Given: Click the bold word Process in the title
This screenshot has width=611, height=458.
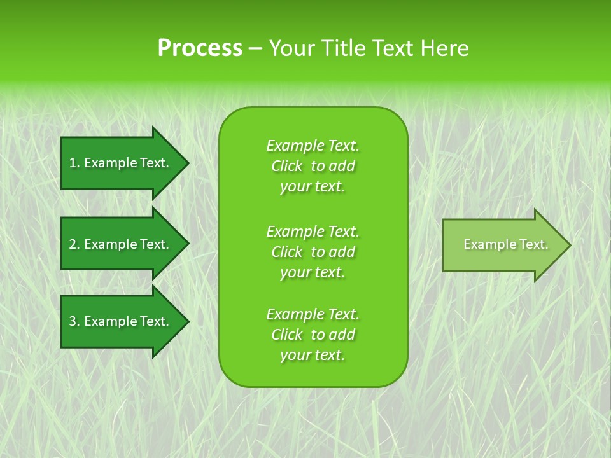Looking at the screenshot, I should pos(200,48).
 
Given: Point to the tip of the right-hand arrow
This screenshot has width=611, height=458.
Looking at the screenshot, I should pos(569,245).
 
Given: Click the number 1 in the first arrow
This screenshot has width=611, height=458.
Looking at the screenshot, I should pos(73,163).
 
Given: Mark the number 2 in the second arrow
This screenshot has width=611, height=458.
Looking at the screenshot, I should pos(73,244).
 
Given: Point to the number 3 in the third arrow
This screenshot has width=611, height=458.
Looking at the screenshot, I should pos(73,321).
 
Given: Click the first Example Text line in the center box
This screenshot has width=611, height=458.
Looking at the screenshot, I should pos(313,146).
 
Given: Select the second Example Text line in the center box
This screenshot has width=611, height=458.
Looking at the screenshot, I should pos(313,232).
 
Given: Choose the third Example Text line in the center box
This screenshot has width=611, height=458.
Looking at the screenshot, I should pos(313,314).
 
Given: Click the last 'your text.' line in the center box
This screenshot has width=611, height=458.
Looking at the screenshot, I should pos(313,356).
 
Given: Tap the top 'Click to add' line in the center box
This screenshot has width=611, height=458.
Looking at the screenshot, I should pos(313,166).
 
